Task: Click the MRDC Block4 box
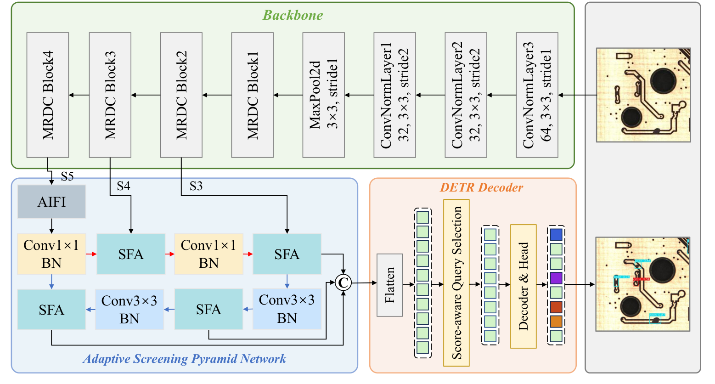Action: (48, 95)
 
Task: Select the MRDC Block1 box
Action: (252, 95)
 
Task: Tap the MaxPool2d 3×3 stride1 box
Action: (323, 95)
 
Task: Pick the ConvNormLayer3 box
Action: (537, 95)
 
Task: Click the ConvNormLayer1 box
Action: (394, 95)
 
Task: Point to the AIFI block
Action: (51, 202)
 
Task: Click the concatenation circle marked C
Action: (343, 283)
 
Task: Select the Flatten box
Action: (389, 285)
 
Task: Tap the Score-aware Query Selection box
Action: (456, 283)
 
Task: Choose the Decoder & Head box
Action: (523, 286)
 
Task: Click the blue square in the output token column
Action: (556, 235)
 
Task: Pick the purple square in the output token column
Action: (556, 278)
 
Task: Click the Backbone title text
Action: (293, 15)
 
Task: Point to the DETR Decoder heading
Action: (481, 187)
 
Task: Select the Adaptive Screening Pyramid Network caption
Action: (185, 359)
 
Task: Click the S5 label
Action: (67, 176)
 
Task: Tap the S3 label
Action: (196, 186)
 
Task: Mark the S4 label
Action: (123, 186)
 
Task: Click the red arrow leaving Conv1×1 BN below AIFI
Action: (91, 254)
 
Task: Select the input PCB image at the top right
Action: (643, 95)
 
